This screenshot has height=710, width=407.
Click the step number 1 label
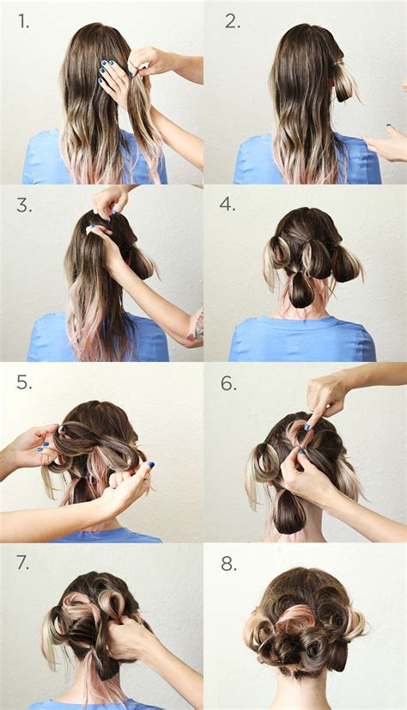pos(24,21)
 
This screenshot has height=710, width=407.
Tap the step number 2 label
pos(233,21)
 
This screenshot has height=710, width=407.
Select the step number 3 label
pos(24,205)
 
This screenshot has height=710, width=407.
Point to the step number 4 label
pos(228,205)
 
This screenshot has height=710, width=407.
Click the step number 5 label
pos(24,383)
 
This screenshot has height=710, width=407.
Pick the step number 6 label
pos(228,383)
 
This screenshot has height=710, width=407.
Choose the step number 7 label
pos(23,563)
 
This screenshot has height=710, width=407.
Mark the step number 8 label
pos(228,564)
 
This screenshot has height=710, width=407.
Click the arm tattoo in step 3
pos(197,325)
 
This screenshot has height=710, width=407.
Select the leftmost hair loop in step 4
pos(277,254)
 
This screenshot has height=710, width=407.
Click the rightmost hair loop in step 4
pos(347,263)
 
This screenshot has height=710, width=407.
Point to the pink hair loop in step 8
pos(295,621)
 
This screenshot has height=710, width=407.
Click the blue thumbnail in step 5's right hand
pos(150,464)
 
